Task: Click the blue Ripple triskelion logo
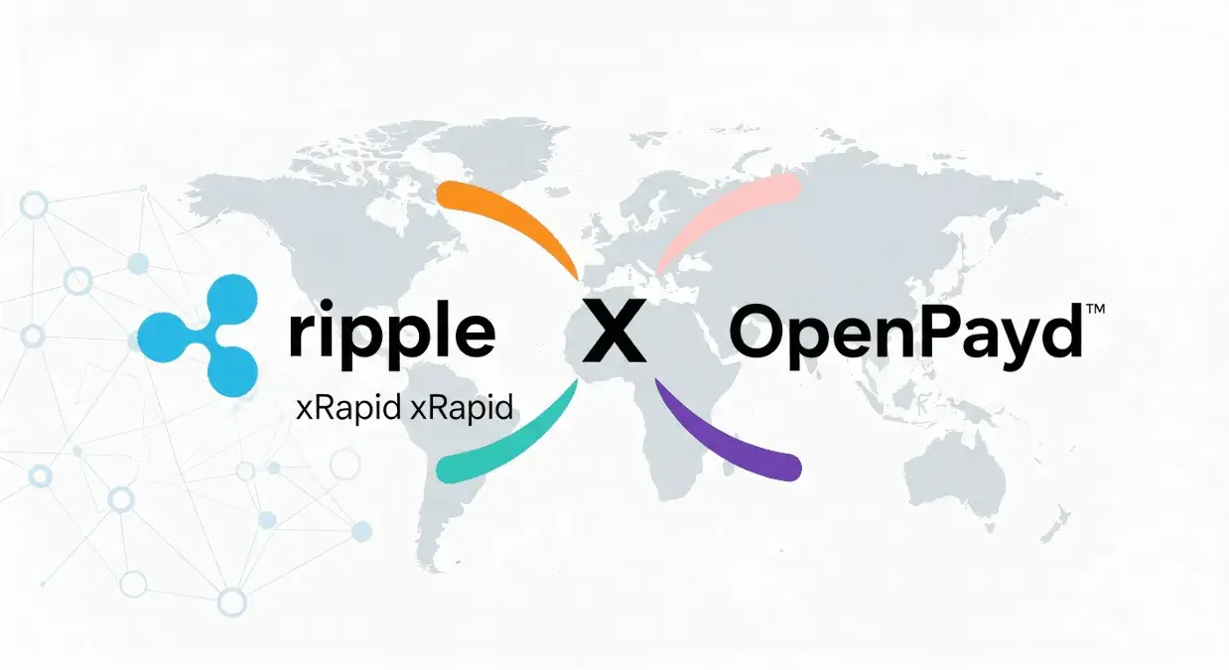[199, 335]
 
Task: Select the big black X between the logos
[614, 331]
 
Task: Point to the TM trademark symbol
[1095, 309]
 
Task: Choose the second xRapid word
[462, 408]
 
